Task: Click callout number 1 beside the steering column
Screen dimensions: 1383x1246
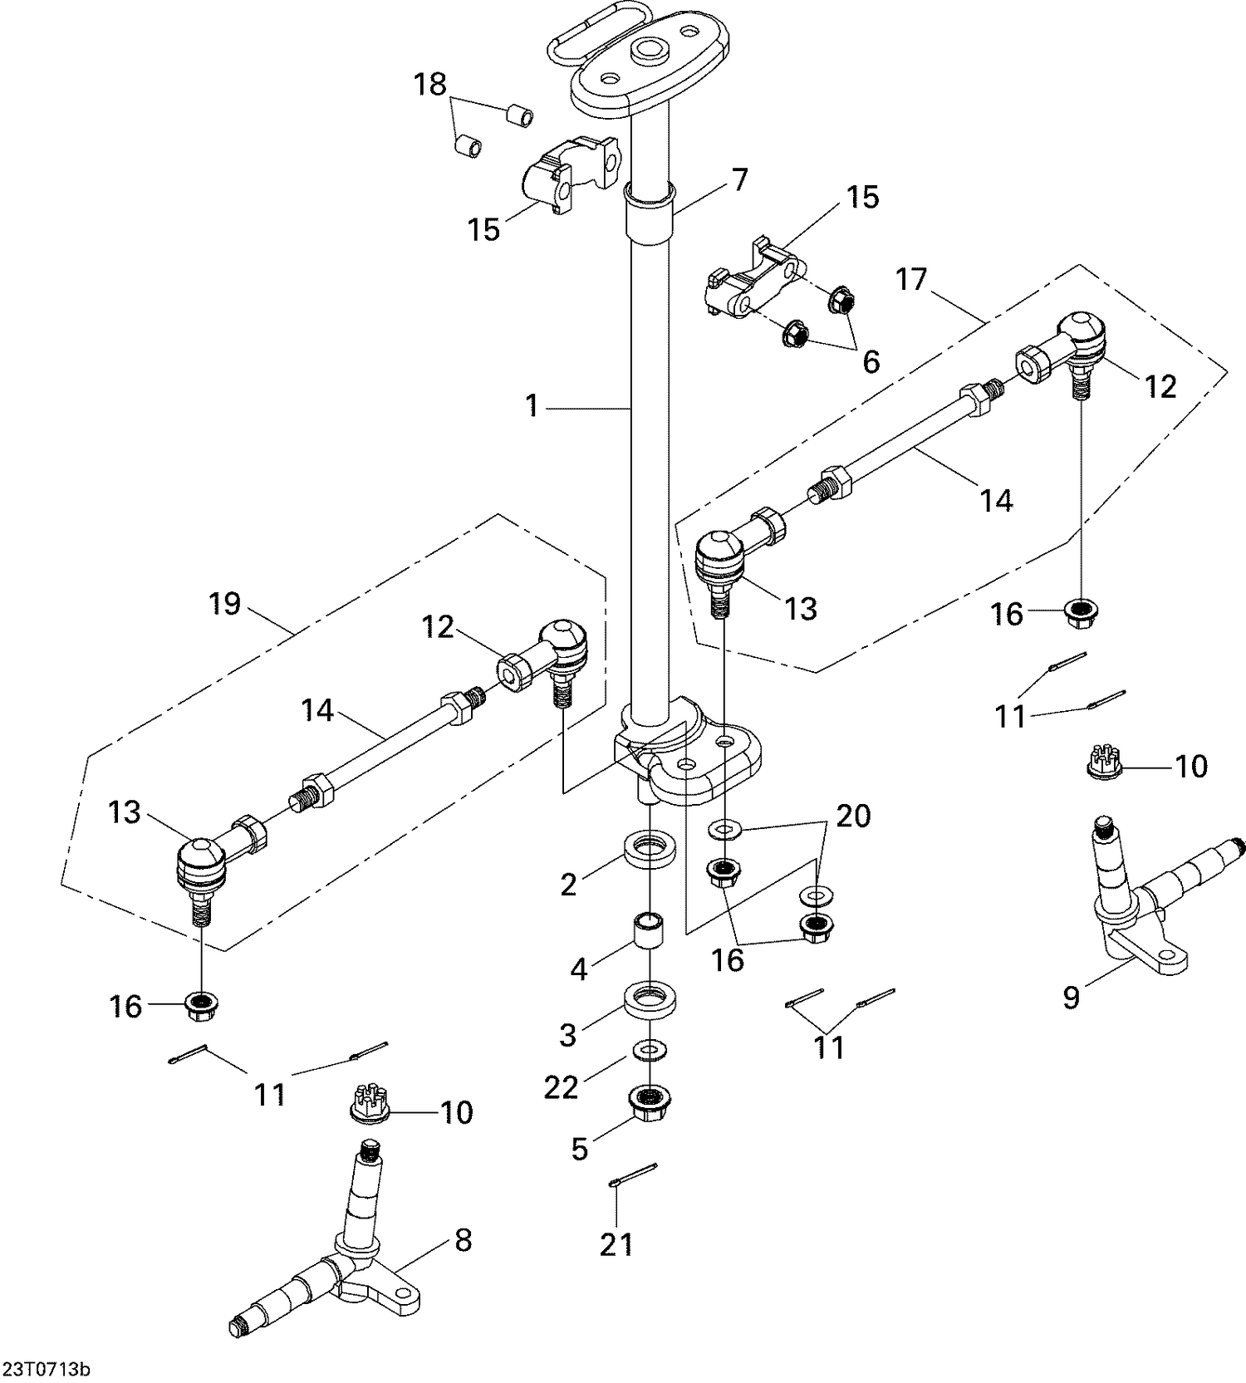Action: pos(532,406)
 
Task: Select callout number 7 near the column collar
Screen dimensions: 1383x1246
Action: pos(739,179)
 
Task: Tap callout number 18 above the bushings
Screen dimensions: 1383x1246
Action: pos(431,84)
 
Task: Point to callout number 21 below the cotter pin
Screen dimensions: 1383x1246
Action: pos(617,1244)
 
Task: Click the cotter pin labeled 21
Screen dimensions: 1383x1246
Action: pos(634,1175)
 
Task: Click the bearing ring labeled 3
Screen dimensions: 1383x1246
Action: pos(650,997)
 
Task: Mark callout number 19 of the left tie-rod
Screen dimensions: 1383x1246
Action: pos(225,604)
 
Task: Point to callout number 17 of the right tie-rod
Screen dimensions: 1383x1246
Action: pos(911,280)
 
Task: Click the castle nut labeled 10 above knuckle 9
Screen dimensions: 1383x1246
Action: pos(1105,763)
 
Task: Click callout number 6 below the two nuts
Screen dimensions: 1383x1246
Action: pos(871,361)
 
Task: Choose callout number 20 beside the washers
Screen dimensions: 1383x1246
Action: pos(853,816)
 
